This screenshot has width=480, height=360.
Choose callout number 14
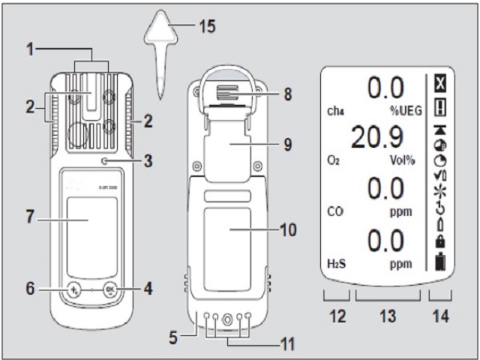(438, 317)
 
